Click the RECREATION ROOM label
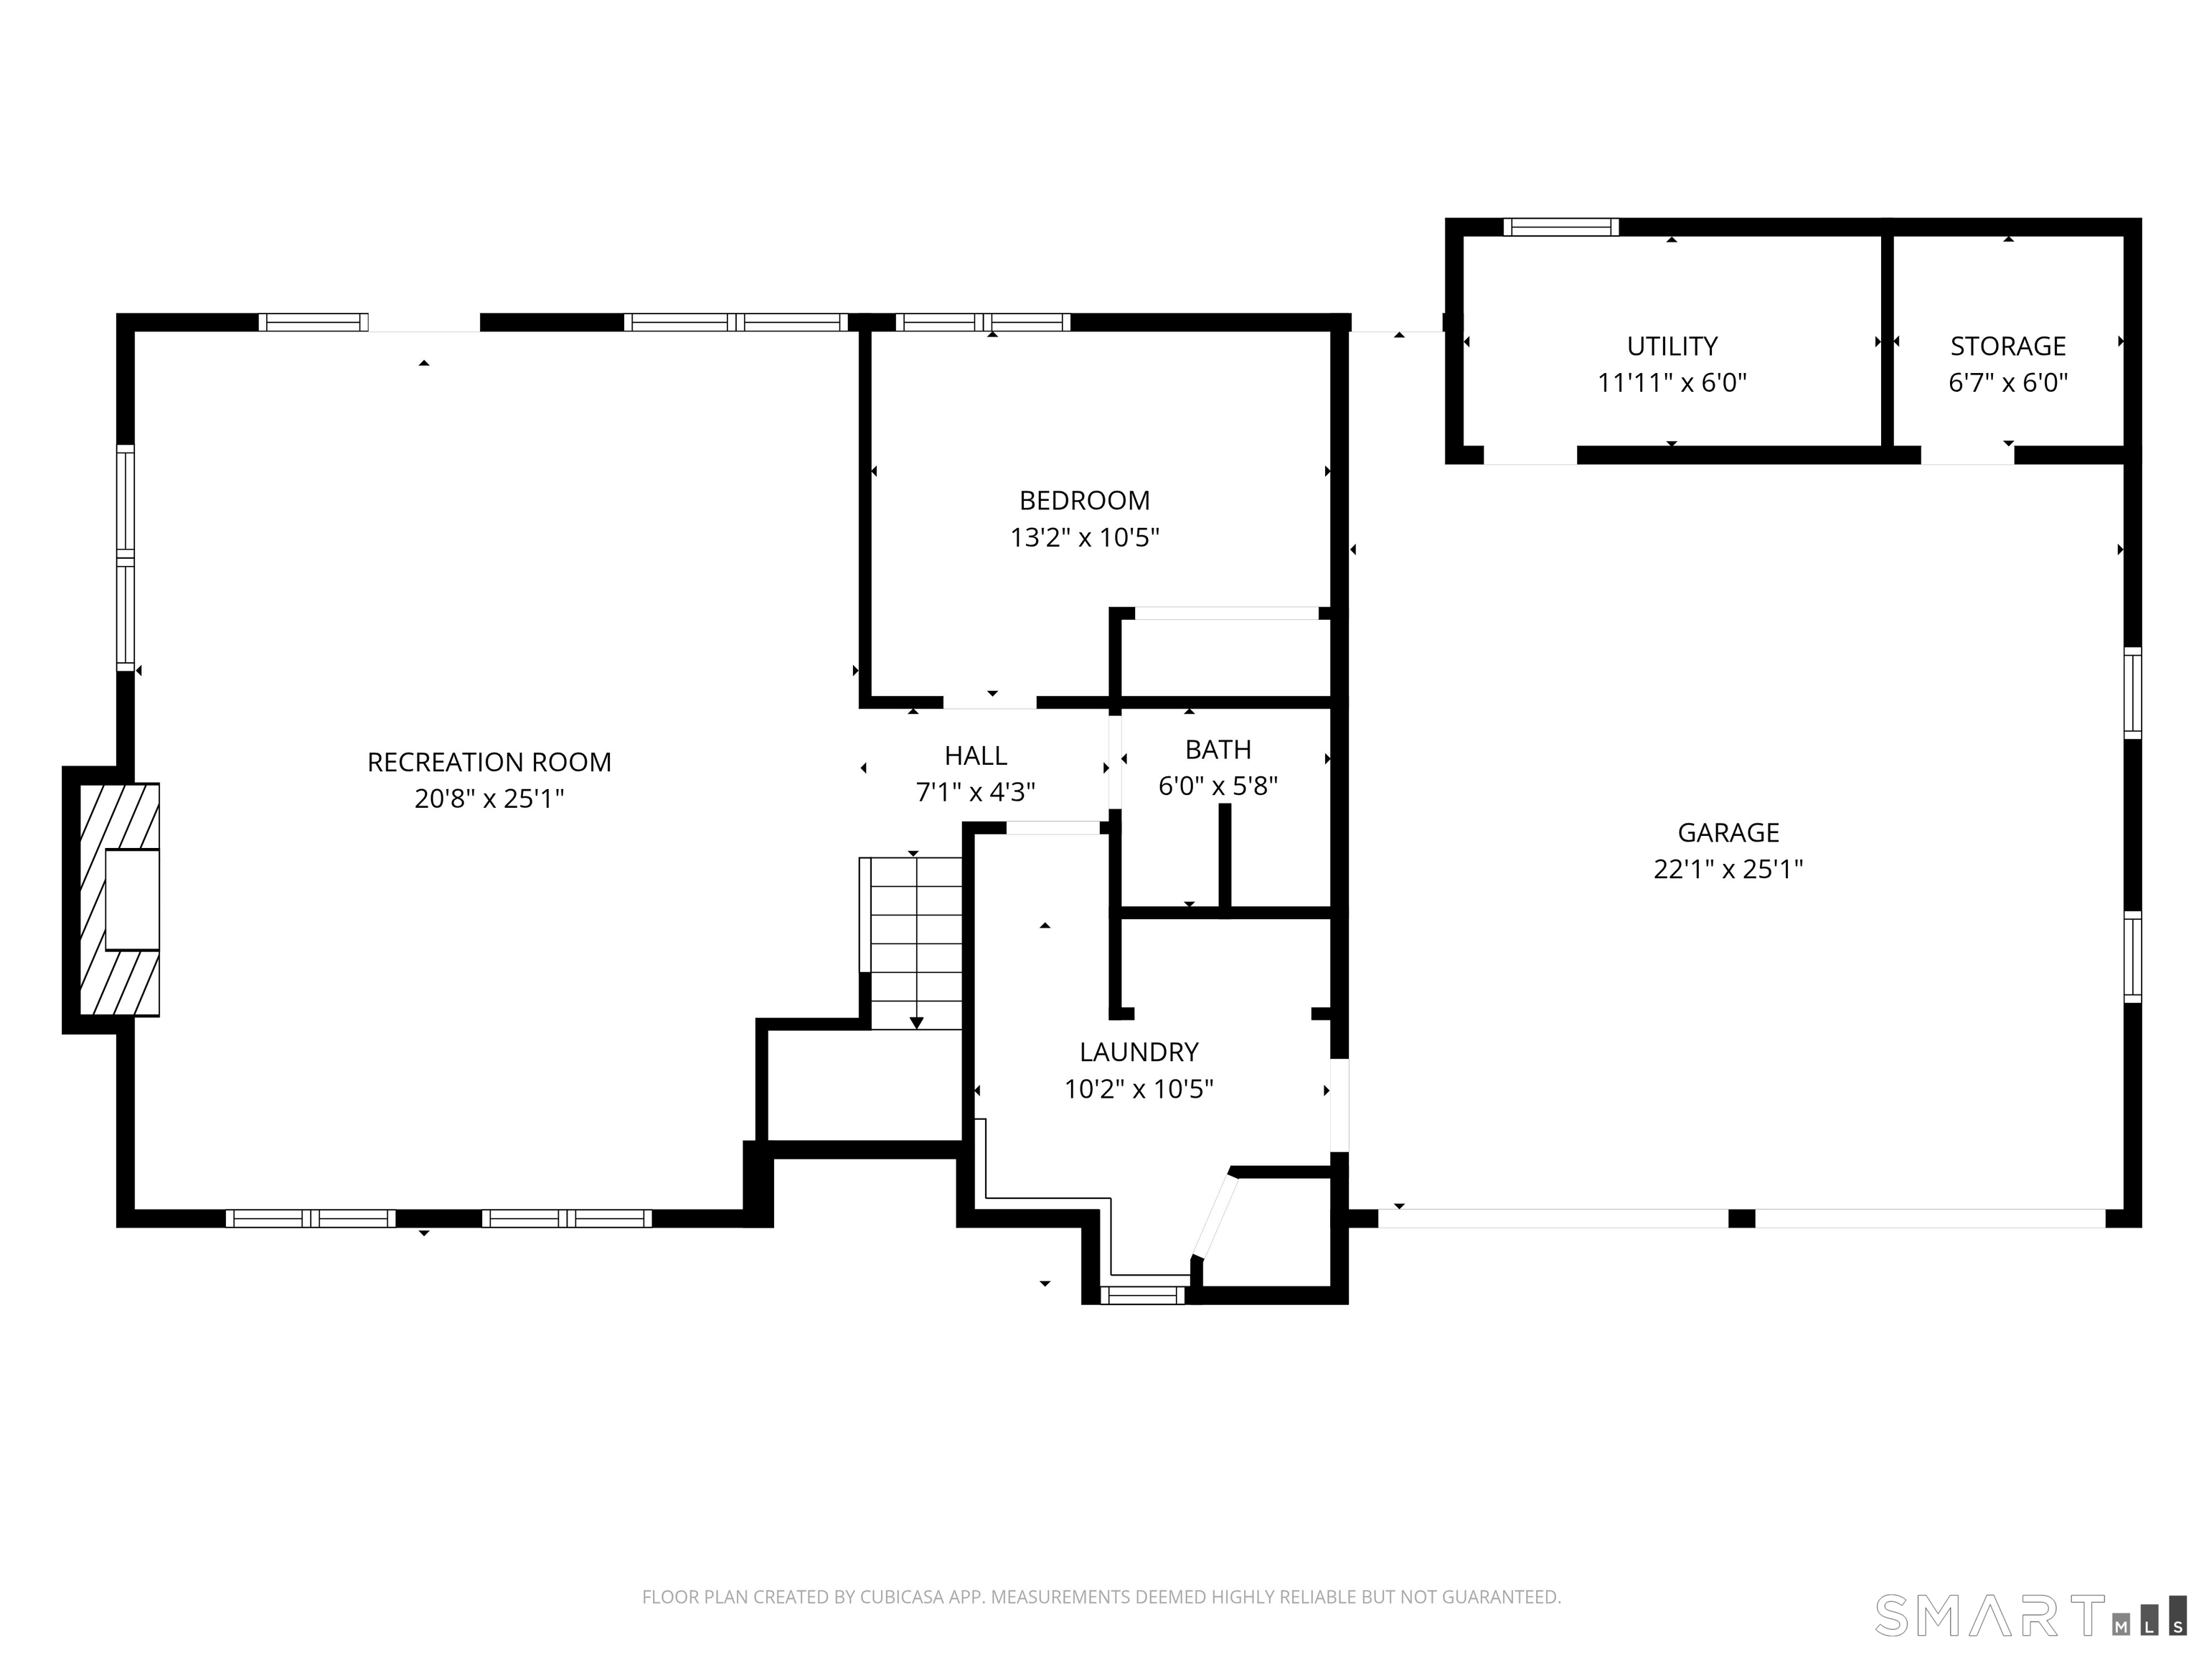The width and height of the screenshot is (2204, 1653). click(x=489, y=762)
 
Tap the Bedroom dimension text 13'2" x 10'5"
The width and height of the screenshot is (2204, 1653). click(x=1085, y=538)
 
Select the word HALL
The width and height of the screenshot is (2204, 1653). click(x=976, y=756)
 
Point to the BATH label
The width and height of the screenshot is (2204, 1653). click(x=1218, y=749)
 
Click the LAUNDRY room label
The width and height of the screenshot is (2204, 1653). click(x=1139, y=1052)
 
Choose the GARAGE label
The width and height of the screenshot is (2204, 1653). click(x=1728, y=833)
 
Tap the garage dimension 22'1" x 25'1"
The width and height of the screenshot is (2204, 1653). click(x=1728, y=870)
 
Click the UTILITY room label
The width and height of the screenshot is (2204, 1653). click(x=1672, y=347)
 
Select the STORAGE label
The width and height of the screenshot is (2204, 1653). click(x=2007, y=347)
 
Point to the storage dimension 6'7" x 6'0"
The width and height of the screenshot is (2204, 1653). click(x=2007, y=382)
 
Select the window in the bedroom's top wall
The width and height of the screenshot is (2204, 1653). click(x=982, y=322)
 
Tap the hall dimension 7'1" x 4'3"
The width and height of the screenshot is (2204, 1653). click(x=976, y=792)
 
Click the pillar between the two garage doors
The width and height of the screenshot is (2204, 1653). click(x=1741, y=1218)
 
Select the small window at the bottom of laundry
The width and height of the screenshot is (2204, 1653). click(x=1143, y=1295)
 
